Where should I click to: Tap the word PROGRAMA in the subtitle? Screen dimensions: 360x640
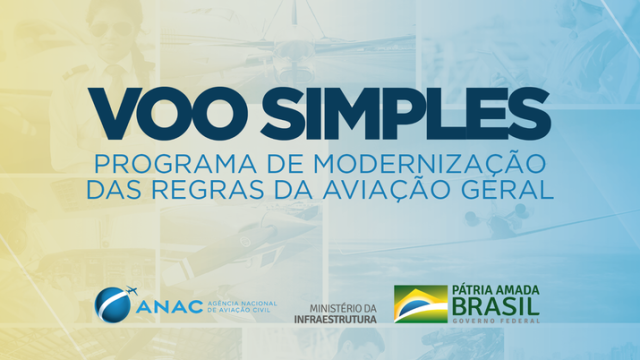pos(156,162)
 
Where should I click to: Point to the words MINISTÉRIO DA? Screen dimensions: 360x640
pos(343,308)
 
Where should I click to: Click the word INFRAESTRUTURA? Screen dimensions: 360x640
pos(335,319)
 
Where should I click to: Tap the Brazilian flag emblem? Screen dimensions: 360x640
pos(420,304)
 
